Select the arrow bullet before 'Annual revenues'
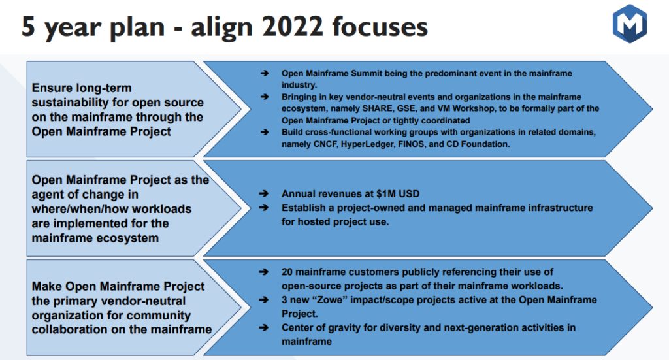[x=264, y=194]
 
